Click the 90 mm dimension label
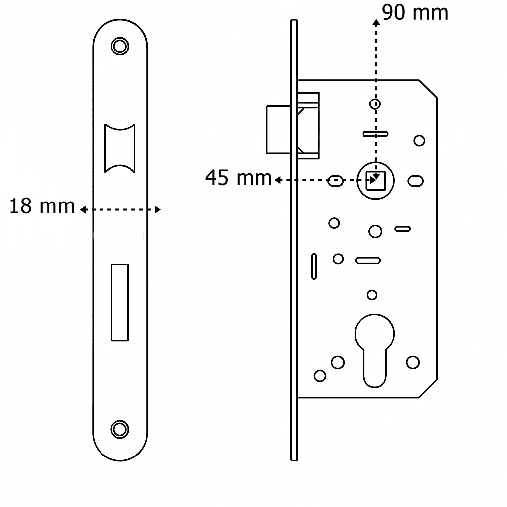[415, 13]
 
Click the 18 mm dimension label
[42, 206]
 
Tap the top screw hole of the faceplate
[119, 46]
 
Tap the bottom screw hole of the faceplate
[119, 429]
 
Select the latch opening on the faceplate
[119, 148]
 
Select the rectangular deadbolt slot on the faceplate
[119, 302]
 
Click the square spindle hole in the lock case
[375, 180]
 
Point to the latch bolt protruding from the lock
[277, 129]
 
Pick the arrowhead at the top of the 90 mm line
[376, 22]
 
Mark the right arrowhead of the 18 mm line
[158, 210]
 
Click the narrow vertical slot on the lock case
[314, 266]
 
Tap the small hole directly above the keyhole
[372, 295]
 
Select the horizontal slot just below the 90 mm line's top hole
[375, 134]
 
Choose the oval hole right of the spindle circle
[416, 181]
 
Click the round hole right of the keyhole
[413, 362]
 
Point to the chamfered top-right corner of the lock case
[428, 89]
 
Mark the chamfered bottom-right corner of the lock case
[428, 389]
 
